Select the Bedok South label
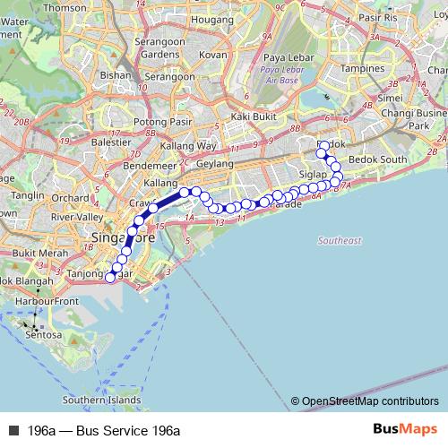coord(376,159)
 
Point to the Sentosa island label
coord(45,335)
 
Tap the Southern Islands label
coord(102,401)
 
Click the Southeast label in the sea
coord(339,241)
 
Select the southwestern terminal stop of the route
coord(110,278)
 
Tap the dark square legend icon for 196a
coord(13,431)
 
